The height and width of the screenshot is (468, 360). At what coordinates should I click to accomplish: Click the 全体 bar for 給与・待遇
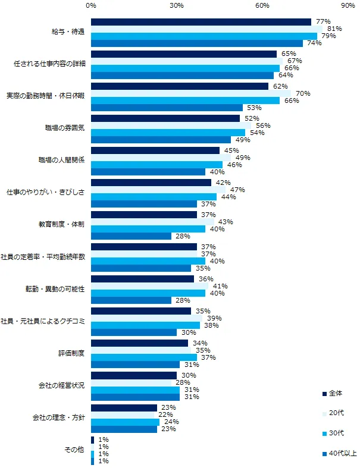click(x=201, y=22)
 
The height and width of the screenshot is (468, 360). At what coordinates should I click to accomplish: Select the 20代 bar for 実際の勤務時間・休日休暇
click(x=190, y=93)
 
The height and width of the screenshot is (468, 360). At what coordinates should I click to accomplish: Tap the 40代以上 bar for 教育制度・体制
click(x=131, y=236)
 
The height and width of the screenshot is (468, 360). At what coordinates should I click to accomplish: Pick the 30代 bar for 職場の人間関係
click(x=156, y=165)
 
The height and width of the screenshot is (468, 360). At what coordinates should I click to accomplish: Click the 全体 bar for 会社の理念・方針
click(x=124, y=407)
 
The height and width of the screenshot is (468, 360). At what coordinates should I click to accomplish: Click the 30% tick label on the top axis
click(x=176, y=5)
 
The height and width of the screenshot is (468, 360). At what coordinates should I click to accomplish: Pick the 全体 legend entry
click(x=336, y=393)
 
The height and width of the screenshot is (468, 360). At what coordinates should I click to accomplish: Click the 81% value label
click(x=333, y=29)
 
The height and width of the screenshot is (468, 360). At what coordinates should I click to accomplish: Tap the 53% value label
click(x=253, y=108)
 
